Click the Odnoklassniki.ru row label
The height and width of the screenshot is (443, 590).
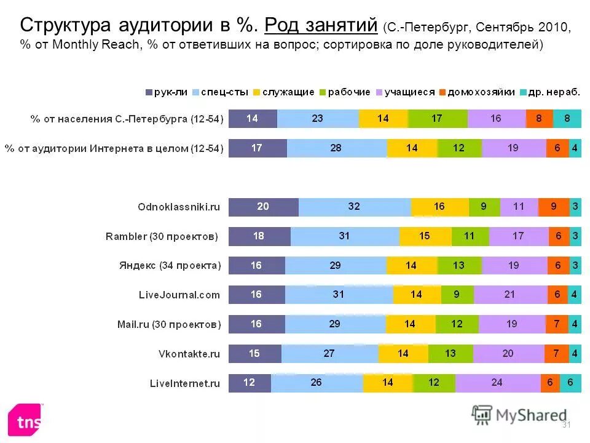coord(178,207)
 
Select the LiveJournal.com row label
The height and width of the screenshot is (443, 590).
coord(178,295)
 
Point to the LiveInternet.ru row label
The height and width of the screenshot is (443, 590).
coord(185,383)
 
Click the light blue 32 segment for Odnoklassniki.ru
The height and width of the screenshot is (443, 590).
coord(354,207)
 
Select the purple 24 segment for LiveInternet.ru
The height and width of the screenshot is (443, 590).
coord(497,383)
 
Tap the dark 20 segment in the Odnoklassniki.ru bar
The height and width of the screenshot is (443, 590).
coord(263,207)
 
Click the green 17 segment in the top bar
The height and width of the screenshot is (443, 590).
coord(436,118)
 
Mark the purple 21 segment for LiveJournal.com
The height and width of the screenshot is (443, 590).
coord(508,295)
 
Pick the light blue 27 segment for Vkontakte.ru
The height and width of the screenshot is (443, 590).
coord(329,354)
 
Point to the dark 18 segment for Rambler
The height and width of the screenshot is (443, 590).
coord(259,236)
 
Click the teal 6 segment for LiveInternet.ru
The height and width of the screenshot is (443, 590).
coord(570,383)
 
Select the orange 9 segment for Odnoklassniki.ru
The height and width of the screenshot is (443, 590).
coord(553,207)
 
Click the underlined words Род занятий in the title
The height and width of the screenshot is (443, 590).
coord(320,26)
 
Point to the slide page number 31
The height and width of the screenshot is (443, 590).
coord(567,425)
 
